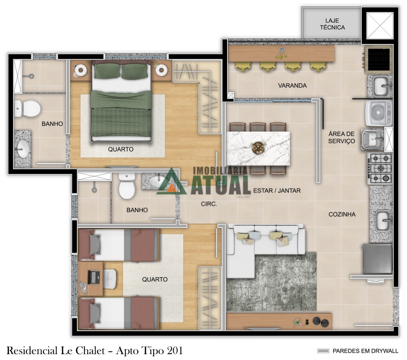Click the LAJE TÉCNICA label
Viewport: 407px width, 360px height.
point(332,24)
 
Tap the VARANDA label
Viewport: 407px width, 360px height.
point(292,86)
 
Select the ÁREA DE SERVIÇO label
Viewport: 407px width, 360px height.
point(341,137)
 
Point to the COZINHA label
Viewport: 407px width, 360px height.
point(342,214)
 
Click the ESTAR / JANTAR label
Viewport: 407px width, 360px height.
point(277,190)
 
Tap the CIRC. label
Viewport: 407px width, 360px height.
point(209,204)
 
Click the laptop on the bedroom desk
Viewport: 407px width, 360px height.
point(94,278)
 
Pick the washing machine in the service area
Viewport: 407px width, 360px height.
point(379,113)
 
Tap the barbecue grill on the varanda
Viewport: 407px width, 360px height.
point(378,59)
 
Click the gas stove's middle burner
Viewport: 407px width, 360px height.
point(380,168)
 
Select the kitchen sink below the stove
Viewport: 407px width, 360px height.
point(383,221)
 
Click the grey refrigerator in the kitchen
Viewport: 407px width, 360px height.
point(377,259)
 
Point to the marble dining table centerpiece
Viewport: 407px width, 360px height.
point(258,146)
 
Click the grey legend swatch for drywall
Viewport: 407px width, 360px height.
point(323,351)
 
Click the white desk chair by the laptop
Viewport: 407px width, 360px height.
point(110,279)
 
